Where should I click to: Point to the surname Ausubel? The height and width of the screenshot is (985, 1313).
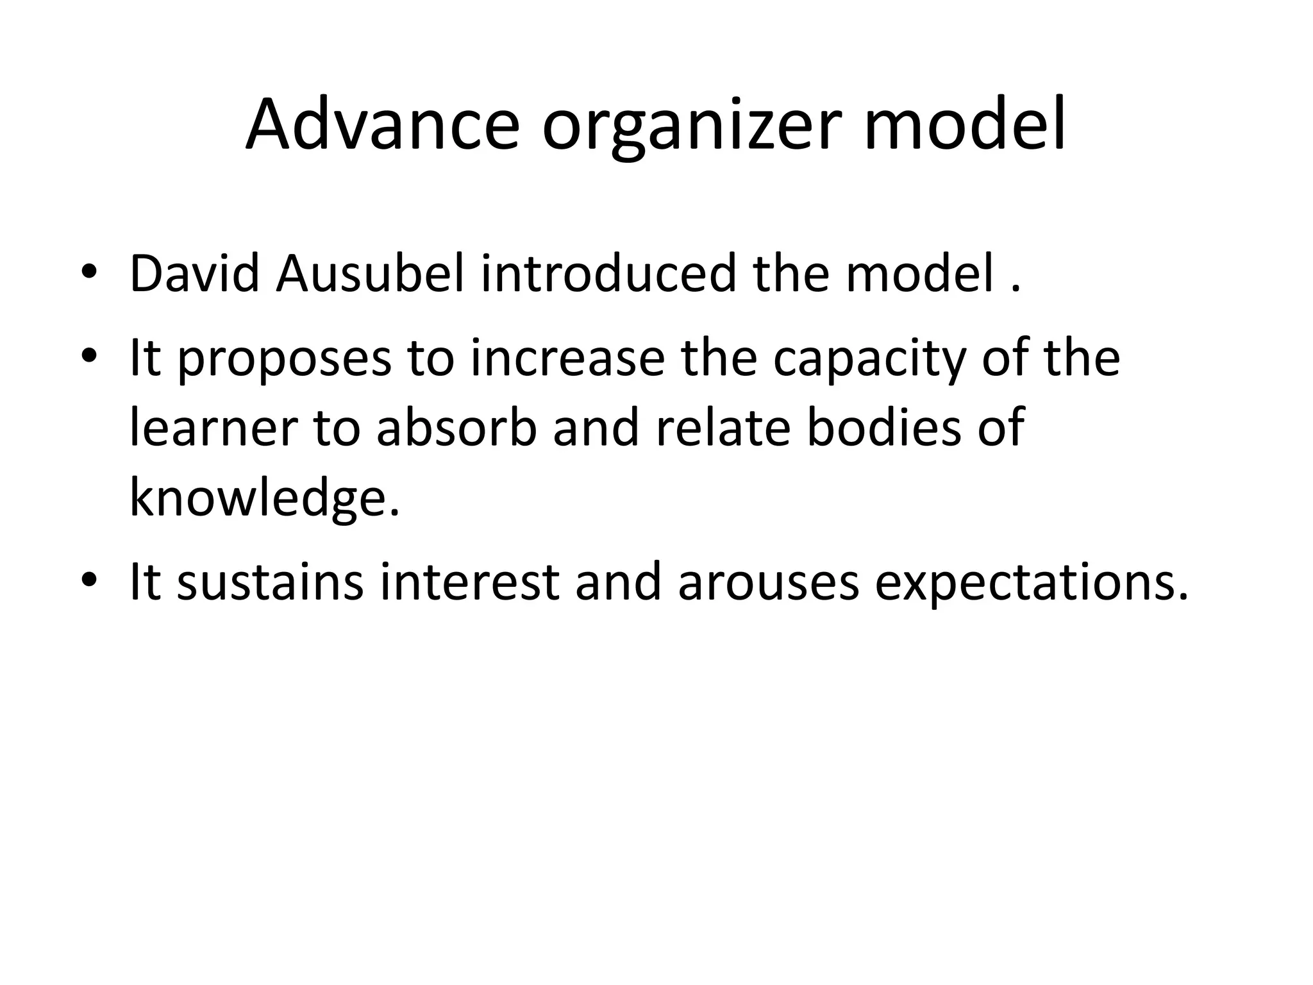[x=370, y=274]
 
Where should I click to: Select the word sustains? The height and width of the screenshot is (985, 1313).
[x=270, y=582]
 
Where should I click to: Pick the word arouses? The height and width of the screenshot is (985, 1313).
[x=768, y=583]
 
